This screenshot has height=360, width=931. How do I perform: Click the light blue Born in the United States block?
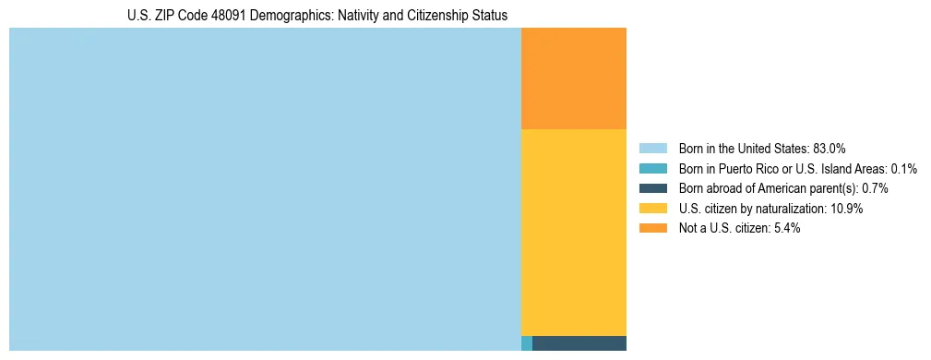tap(265, 189)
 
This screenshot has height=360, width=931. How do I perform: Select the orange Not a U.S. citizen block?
tap(574, 78)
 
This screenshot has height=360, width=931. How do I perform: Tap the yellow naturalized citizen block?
tap(574, 232)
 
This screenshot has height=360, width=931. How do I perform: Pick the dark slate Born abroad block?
tap(579, 343)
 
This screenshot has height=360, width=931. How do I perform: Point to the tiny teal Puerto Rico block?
tap(527, 343)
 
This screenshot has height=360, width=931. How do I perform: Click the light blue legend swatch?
tap(652, 149)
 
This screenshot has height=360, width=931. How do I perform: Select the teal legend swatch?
tap(652, 169)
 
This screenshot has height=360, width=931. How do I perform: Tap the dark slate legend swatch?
tap(652, 188)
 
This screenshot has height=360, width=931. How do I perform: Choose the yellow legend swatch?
tap(652, 209)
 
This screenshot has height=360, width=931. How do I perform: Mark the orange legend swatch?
tap(652, 228)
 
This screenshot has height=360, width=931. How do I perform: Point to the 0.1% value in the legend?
tap(904, 169)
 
